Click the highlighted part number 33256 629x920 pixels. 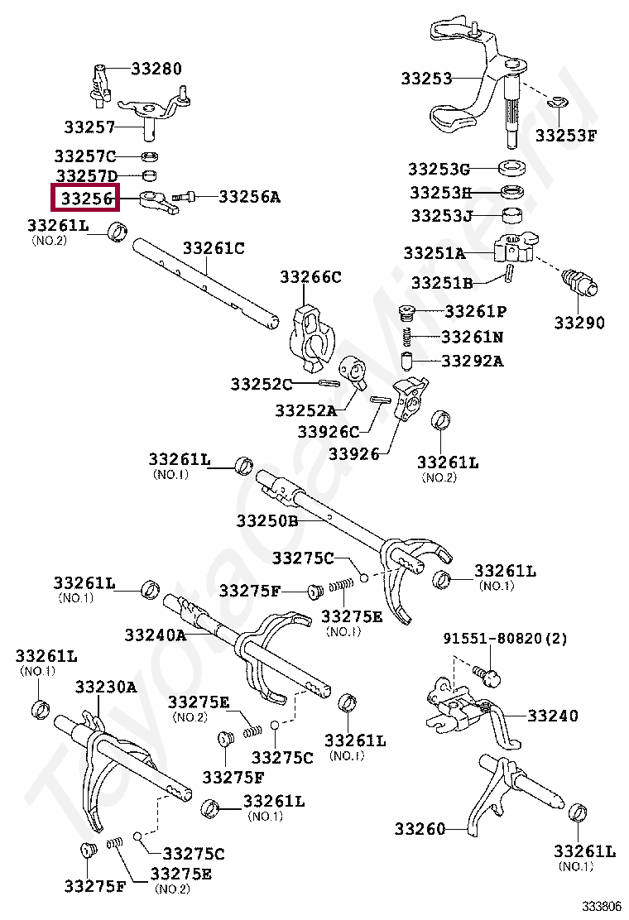click(x=85, y=199)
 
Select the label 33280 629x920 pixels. click(x=156, y=69)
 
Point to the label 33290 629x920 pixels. click(x=579, y=323)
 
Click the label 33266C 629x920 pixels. click(x=310, y=277)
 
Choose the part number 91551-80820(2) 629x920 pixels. click(x=505, y=639)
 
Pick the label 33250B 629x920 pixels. click(x=266, y=521)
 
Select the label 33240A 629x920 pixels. click(x=156, y=635)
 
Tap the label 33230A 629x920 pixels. click(x=106, y=687)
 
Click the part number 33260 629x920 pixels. click(x=420, y=828)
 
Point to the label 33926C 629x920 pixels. click(x=329, y=431)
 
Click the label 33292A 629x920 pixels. click(x=472, y=361)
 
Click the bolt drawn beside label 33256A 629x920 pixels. click(x=184, y=197)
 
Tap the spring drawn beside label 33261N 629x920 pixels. click(x=406, y=337)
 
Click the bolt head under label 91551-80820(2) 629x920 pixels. click(x=490, y=678)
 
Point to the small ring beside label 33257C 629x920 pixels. click(x=150, y=156)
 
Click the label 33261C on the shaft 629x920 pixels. click(x=214, y=247)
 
